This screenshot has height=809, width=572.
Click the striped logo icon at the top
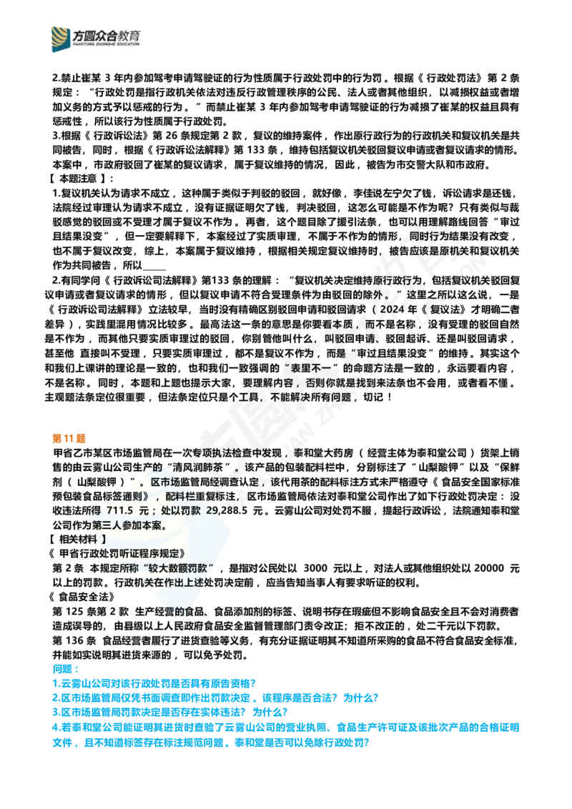[x=60, y=39]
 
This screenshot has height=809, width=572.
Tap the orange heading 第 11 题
[x=69, y=438]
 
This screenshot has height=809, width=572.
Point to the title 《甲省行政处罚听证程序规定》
[x=117, y=554]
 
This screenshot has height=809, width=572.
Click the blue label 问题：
[x=66, y=669]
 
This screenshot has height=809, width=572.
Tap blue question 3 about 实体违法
[x=170, y=713]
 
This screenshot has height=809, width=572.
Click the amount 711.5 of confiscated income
[x=120, y=511]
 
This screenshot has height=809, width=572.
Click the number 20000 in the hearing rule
[x=489, y=568]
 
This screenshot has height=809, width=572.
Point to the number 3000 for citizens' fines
[x=315, y=568]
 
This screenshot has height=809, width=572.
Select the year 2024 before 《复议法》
[x=393, y=309]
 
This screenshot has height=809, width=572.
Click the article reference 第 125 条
[x=74, y=611]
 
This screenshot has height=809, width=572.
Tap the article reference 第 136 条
[x=74, y=641]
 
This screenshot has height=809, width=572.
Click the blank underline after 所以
[x=154, y=268]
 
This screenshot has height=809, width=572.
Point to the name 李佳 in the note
[x=364, y=194]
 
